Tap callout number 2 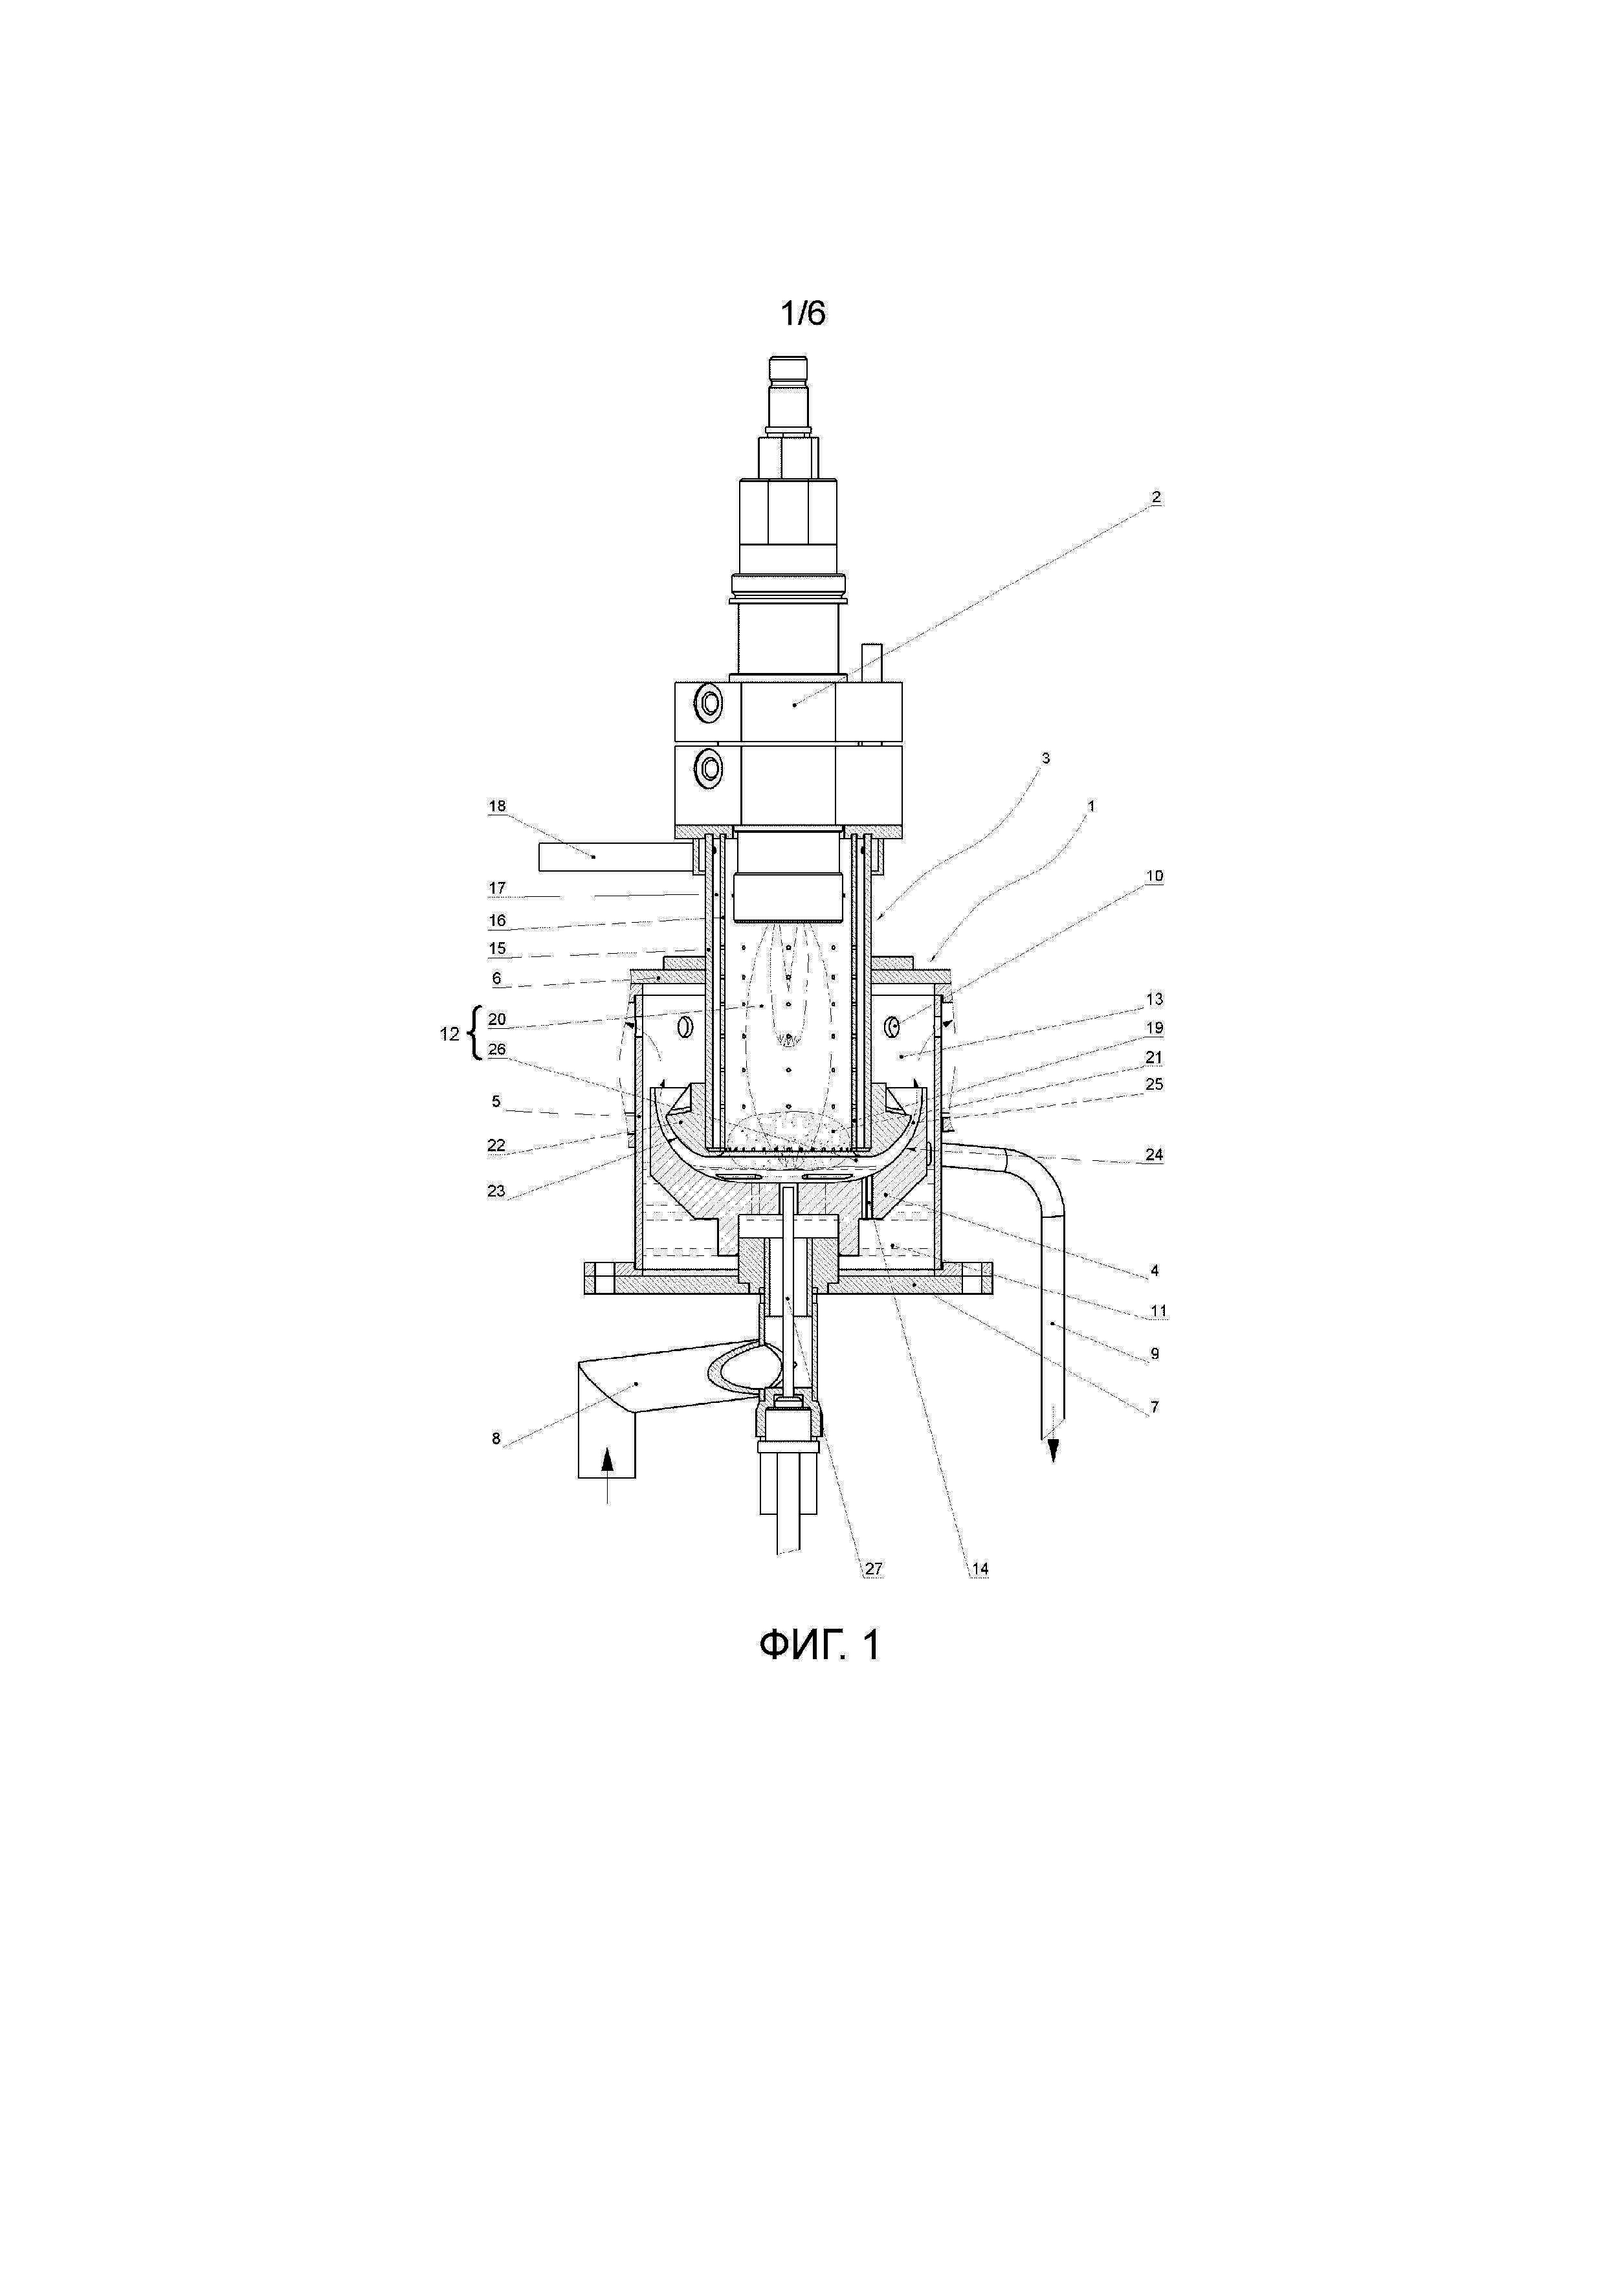tap(1155, 498)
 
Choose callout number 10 tap(1154, 876)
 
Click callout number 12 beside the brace tap(449, 1034)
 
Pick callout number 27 tap(873, 1569)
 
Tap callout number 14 tap(979, 1569)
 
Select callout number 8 tap(496, 1438)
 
